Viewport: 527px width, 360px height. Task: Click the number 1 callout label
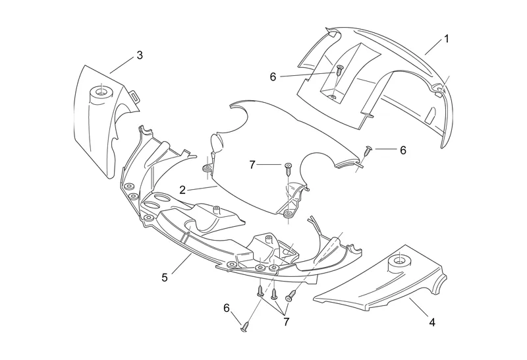point(446,39)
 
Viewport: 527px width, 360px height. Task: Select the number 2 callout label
point(182,189)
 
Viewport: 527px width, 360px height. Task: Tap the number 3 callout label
point(139,55)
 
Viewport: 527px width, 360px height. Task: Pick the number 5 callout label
point(165,277)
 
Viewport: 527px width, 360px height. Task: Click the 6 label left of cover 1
point(273,76)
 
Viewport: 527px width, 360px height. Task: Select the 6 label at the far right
point(402,150)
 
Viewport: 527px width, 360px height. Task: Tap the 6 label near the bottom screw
point(227,307)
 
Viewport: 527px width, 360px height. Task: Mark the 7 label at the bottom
point(287,321)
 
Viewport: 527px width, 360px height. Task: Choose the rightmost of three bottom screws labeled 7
point(289,299)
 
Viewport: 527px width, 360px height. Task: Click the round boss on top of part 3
point(101,91)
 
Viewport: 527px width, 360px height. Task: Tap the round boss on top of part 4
point(399,260)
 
